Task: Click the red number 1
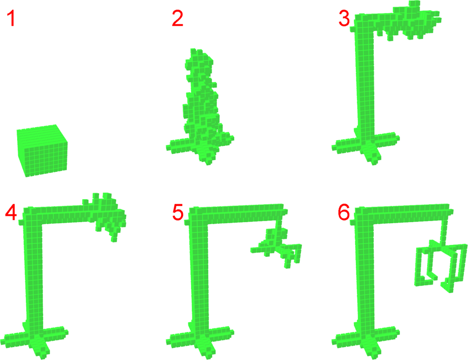point(12,18)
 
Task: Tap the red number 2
point(178,18)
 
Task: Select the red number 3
point(344,18)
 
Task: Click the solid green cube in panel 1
point(42,151)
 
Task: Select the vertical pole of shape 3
point(364,80)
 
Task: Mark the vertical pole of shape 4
point(32,268)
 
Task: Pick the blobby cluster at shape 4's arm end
point(106,215)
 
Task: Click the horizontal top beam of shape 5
point(236,212)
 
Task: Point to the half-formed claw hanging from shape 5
point(276,246)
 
